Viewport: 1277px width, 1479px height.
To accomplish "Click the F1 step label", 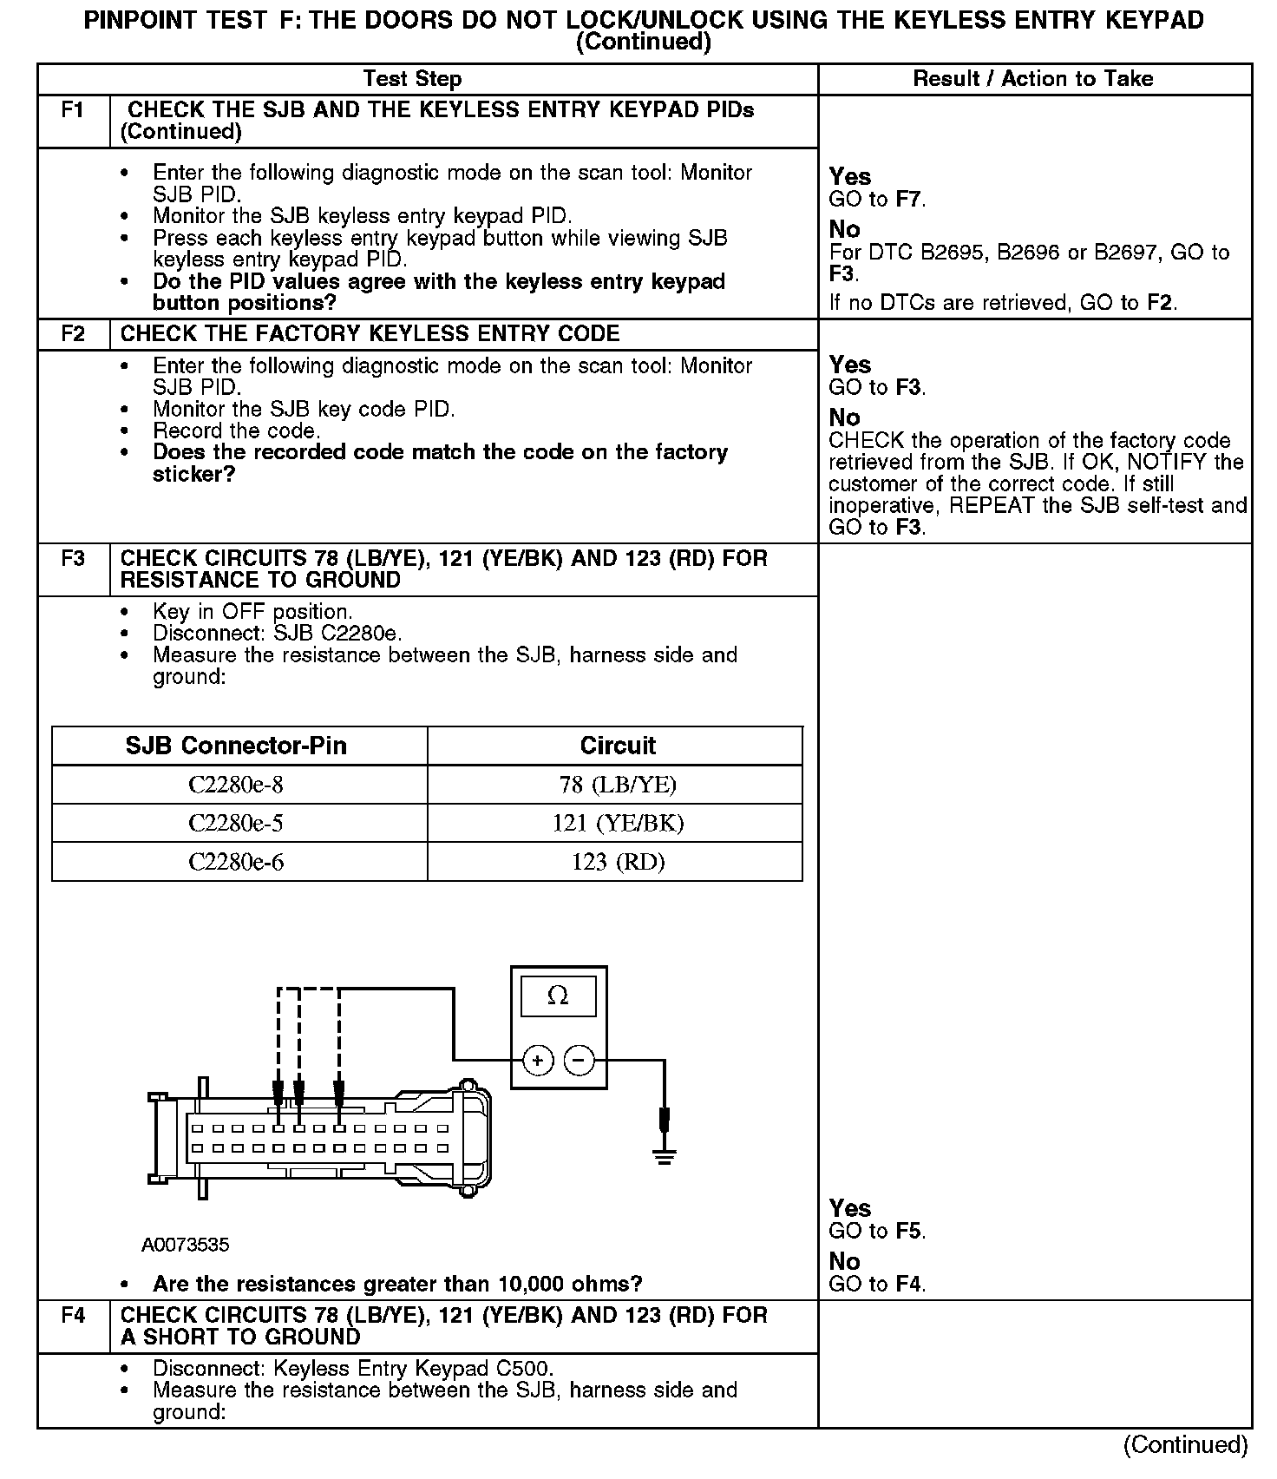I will (x=73, y=111).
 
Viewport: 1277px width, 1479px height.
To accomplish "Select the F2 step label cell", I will (x=73, y=334).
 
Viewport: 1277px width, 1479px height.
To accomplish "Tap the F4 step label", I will (x=73, y=1316).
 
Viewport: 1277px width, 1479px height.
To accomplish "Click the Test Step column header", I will (x=412, y=79).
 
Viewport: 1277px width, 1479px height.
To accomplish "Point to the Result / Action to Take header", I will (x=1033, y=79).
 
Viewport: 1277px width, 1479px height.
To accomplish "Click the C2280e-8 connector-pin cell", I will (x=236, y=785).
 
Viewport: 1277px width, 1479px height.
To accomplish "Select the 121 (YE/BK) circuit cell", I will (x=618, y=823).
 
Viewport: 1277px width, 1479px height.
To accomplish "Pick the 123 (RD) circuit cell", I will (x=618, y=862).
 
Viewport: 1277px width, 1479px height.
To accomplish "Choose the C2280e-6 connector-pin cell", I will (x=236, y=862).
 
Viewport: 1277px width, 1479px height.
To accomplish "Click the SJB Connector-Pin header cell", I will (x=236, y=746).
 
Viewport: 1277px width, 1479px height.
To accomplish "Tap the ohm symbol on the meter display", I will (x=558, y=996).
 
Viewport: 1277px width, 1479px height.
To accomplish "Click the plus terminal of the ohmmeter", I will (x=538, y=1061).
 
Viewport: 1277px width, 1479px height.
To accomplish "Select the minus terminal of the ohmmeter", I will (x=580, y=1061).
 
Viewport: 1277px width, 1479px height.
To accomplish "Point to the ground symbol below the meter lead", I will (x=665, y=1156).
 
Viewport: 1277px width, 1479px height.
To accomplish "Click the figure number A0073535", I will (x=186, y=1246).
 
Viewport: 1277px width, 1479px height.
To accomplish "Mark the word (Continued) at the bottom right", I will (x=1185, y=1445).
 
